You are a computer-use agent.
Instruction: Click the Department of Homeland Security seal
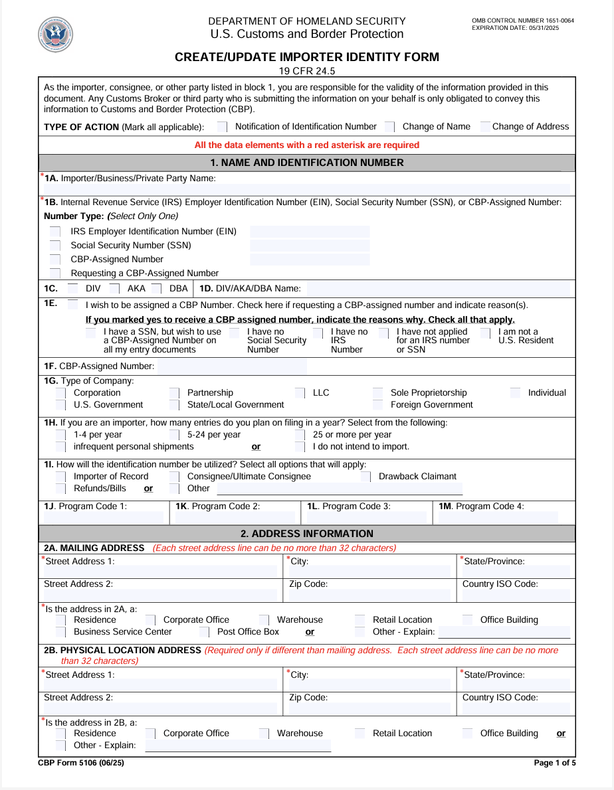click(56, 35)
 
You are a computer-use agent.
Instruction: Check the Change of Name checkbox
click(389, 127)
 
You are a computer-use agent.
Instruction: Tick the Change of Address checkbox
click(486, 126)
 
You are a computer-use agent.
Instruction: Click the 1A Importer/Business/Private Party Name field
click(306, 189)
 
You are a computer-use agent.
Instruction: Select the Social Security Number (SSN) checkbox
click(55, 246)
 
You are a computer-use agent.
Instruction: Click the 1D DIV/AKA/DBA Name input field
click(439, 289)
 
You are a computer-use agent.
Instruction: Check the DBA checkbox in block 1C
click(156, 289)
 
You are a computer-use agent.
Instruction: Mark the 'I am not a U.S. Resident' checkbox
click(486, 333)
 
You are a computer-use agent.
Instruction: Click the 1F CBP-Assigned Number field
click(233, 366)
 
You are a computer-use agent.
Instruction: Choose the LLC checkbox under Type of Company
click(300, 393)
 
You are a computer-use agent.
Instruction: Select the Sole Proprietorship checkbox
click(377, 393)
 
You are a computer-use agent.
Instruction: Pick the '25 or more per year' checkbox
click(300, 435)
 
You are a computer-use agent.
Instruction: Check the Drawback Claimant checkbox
click(366, 477)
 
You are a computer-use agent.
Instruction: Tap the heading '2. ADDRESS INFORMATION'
click(307, 534)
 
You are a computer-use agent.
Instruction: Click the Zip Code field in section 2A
click(369, 595)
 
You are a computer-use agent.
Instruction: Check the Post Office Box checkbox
click(204, 632)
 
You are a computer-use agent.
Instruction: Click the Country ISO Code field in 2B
click(516, 709)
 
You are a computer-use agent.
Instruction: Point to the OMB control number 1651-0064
click(522, 21)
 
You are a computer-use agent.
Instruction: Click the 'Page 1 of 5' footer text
click(554, 763)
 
